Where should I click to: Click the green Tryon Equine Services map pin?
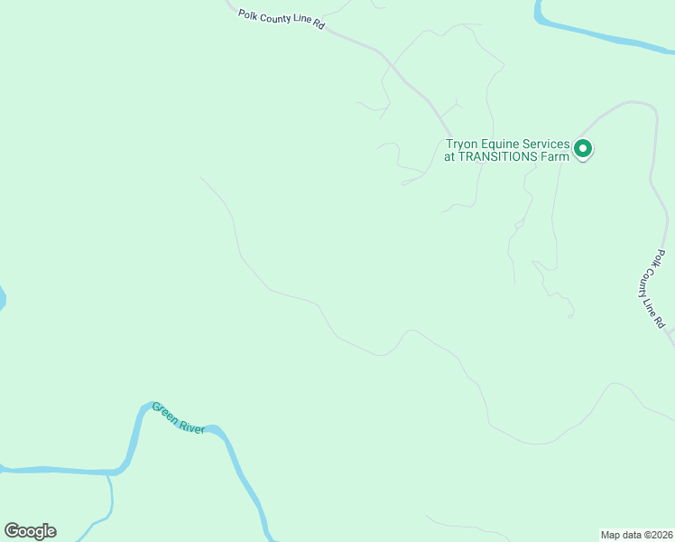click(583, 148)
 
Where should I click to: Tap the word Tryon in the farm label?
click(464, 144)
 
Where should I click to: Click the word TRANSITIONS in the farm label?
click(500, 156)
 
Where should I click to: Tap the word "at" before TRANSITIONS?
click(449, 156)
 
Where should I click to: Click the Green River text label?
click(179, 416)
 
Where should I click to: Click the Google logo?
click(30, 531)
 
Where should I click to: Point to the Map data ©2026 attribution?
click(637, 534)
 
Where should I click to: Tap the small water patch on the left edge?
click(2, 298)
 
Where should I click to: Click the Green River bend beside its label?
click(135, 434)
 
